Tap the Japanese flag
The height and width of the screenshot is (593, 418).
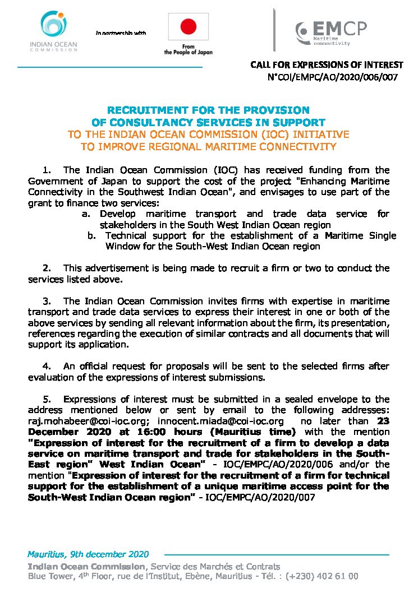[x=188, y=26]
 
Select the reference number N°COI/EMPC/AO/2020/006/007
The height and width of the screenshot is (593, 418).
[x=334, y=77]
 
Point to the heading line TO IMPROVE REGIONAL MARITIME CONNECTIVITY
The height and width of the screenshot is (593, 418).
[x=208, y=147]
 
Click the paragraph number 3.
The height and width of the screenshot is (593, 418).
[x=47, y=301]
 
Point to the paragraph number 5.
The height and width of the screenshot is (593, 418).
[x=47, y=399]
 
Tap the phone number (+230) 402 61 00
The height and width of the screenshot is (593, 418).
[x=322, y=576]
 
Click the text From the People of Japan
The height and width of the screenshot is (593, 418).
[x=188, y=49]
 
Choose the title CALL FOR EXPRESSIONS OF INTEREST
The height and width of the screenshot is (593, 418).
[x=327, y=65]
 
